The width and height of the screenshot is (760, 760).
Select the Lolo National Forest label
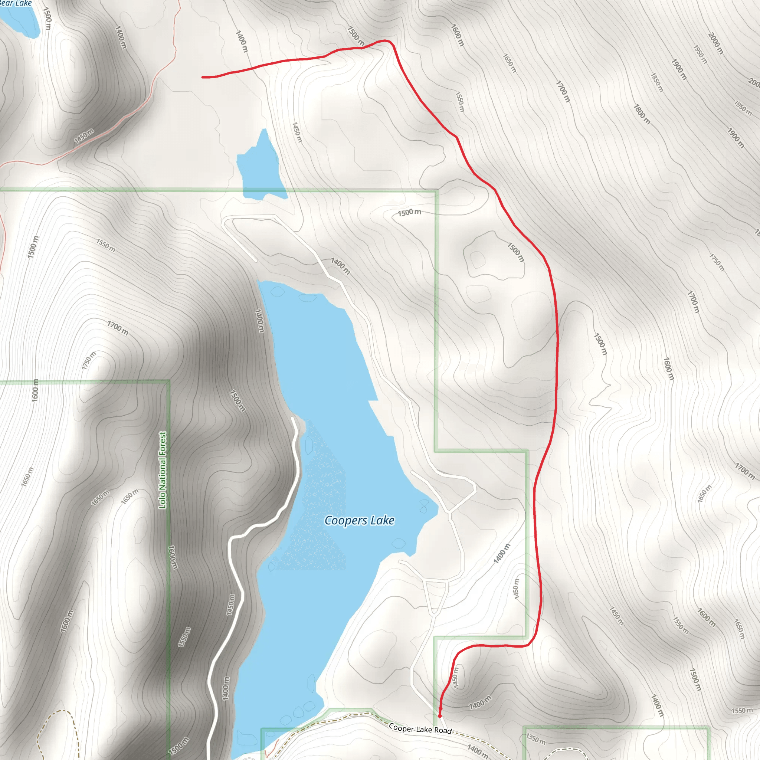pos(163,470)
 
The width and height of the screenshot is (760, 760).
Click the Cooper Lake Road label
pos(420,728)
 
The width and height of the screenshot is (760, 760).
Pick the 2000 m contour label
pos(715,43)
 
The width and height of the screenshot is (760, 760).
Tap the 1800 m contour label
pos(642,114)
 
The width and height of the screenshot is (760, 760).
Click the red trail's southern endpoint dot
pos(440,715)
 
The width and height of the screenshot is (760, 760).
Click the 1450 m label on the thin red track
pos(84,136)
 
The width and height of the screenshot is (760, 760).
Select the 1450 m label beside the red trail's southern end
pos(455,677)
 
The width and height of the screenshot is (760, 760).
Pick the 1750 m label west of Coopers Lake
pos(89,361)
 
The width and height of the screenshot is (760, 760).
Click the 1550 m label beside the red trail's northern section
pos(459,101)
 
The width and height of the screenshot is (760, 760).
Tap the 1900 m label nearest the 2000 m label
pos(679,69)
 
